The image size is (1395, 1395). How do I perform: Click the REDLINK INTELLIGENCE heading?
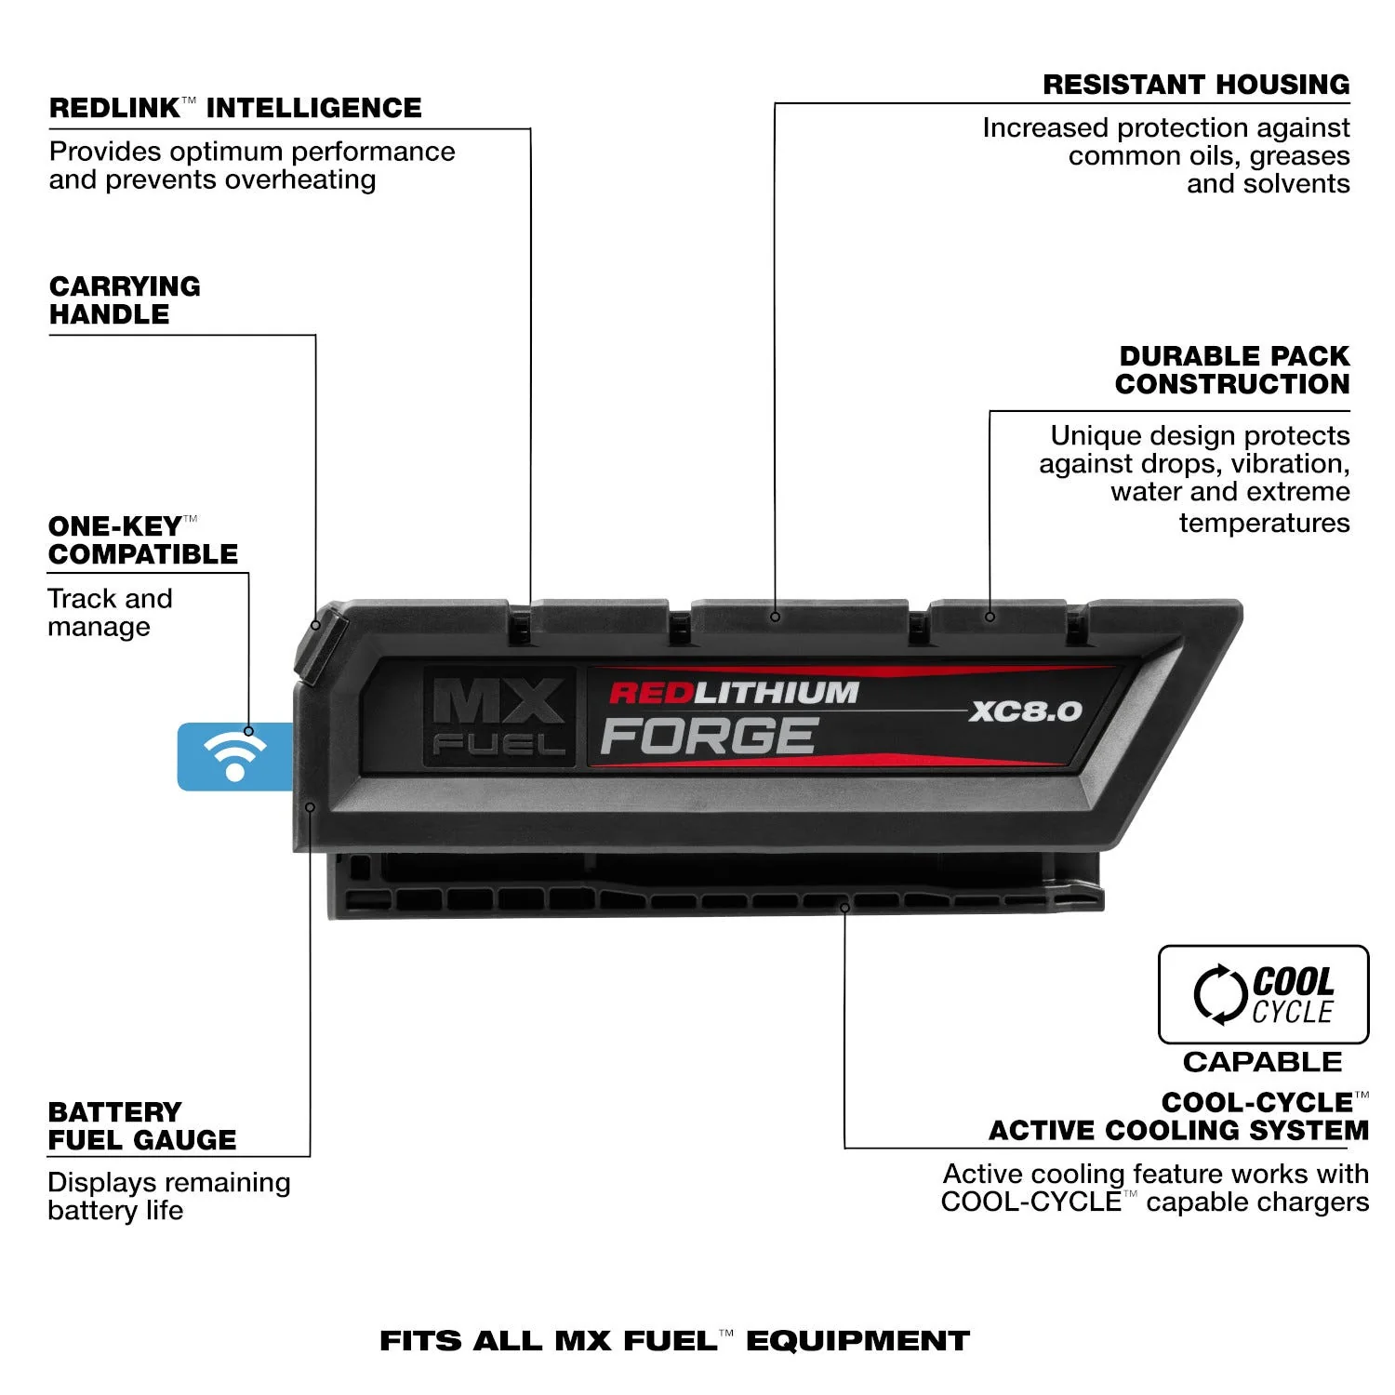pos(235,108)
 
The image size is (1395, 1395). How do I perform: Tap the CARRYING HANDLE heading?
pos(125,299)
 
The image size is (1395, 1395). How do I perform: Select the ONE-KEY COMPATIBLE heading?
pos(143,540)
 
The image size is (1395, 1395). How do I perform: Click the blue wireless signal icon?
pos(234,756)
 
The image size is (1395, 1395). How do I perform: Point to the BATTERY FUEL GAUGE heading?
pos(142,1125)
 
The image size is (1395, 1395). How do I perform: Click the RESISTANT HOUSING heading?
pos(1196,85)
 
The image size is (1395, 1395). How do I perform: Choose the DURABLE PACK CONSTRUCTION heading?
pos(1232,370)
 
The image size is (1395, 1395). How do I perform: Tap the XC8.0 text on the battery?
pos(1025,711)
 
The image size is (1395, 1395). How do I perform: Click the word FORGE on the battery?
pos(709,737)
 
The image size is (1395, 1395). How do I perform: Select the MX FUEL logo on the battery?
pos(498,716)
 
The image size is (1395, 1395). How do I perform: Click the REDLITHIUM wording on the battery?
pos(734,693)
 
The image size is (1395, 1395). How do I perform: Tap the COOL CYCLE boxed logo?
pos(1263,994)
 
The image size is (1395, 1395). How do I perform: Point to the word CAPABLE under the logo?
pos(1262,1061)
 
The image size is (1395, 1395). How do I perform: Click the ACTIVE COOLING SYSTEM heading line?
pos(1178,1130)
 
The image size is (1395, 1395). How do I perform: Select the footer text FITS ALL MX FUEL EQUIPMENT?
pos(674,1340)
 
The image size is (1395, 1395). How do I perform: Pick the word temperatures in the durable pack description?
pos(1264,523)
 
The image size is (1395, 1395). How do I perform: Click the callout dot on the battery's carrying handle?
pos(315,625)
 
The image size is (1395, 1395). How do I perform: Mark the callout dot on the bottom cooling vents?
pos(844,907)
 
